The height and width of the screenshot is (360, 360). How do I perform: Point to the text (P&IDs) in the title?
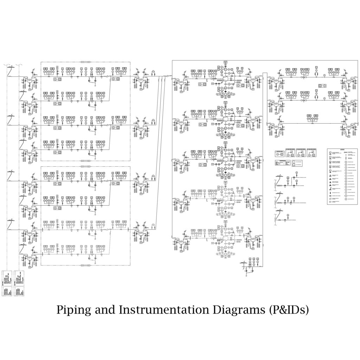click(289, 310)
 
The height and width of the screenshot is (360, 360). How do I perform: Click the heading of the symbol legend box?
click(341, 149)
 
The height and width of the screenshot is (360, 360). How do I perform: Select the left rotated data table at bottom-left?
click(7, 283)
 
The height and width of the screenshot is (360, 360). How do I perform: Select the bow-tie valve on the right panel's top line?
click(305, 78)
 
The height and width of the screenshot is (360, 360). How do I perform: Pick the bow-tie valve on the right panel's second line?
click(305, 101)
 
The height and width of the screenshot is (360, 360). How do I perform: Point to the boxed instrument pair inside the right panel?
click(322, 86)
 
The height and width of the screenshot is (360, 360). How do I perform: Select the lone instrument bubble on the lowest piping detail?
click(287, 214)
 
